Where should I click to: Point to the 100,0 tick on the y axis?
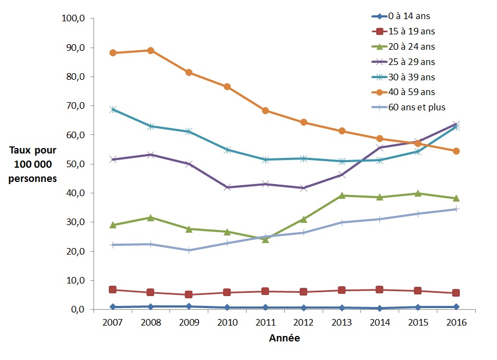[74, 19]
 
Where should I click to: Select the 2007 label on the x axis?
[113, 322]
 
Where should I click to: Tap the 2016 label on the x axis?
[456, 322]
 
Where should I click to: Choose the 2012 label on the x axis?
[303, 322]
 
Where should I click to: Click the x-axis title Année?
[284, 338]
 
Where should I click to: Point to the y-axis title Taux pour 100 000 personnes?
[32, 164]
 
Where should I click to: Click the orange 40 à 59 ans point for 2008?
[151, 51]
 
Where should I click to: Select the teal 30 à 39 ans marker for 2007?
[113, 109]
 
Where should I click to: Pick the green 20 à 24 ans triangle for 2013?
[342, 196]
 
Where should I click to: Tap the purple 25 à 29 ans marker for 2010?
[227, 187]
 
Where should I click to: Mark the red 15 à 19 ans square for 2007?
[113, 290]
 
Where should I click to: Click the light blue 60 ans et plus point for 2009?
[189, 250]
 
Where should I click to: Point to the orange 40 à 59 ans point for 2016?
[456, 151]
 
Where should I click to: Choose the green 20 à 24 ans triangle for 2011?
[265, 239]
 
